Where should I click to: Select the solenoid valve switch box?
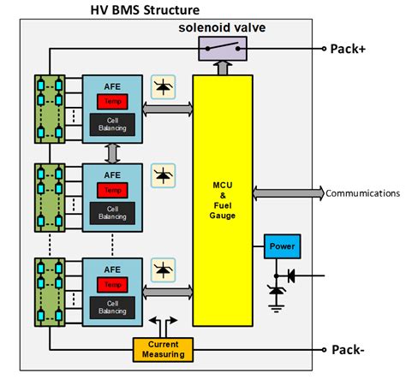pyautogui.click(x=223, y=49)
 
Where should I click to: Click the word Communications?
pyautogui.click(x=362, y=193)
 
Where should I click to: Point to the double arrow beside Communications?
pyautogui.click(x=289, y=193)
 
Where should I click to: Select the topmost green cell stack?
pyautogui.click(x=50, y=109)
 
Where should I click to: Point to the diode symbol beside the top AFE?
pyautogui.click(x=162, y=86)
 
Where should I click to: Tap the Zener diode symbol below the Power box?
pyautogui.click(x=276, y=291)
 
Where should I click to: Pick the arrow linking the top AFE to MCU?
pyautogui.click(x=168, y=111)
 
